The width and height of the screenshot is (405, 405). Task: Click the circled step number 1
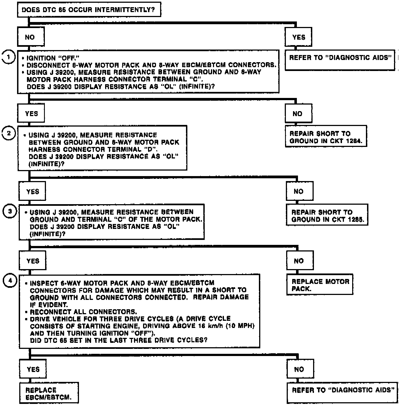[8, 58]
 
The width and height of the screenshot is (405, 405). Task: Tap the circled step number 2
[9, 134]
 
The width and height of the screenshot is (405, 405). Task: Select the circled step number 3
[10, 212]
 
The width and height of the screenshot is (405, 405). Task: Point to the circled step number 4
[10, 281]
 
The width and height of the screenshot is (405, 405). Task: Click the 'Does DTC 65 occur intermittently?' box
[89, 10]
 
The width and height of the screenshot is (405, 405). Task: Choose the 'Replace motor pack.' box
[319, 285]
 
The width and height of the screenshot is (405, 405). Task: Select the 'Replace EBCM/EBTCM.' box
[49, 393]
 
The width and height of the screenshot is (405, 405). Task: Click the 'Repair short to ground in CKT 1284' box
[326, 137]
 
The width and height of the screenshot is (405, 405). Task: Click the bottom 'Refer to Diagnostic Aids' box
[342, 393]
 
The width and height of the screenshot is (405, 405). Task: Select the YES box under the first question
[299, 37]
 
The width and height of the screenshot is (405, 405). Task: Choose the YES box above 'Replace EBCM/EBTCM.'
[33, 369]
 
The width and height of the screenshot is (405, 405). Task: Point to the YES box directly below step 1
[31, 113]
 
